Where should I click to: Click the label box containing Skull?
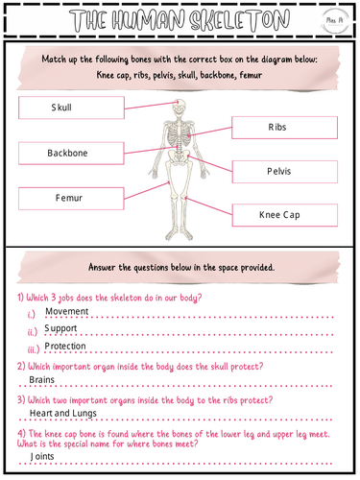point(63,108)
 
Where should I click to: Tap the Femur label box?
point(62,197)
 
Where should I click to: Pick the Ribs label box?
point(284,127)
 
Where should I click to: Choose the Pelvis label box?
point(284,170)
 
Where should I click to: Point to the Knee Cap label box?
point(284,215)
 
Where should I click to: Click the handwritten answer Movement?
point(66,311)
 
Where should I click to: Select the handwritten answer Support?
point(61,328)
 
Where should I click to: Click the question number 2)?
point(22,366)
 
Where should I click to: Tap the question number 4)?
point(22,433)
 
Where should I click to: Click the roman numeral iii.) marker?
point(34,348)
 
